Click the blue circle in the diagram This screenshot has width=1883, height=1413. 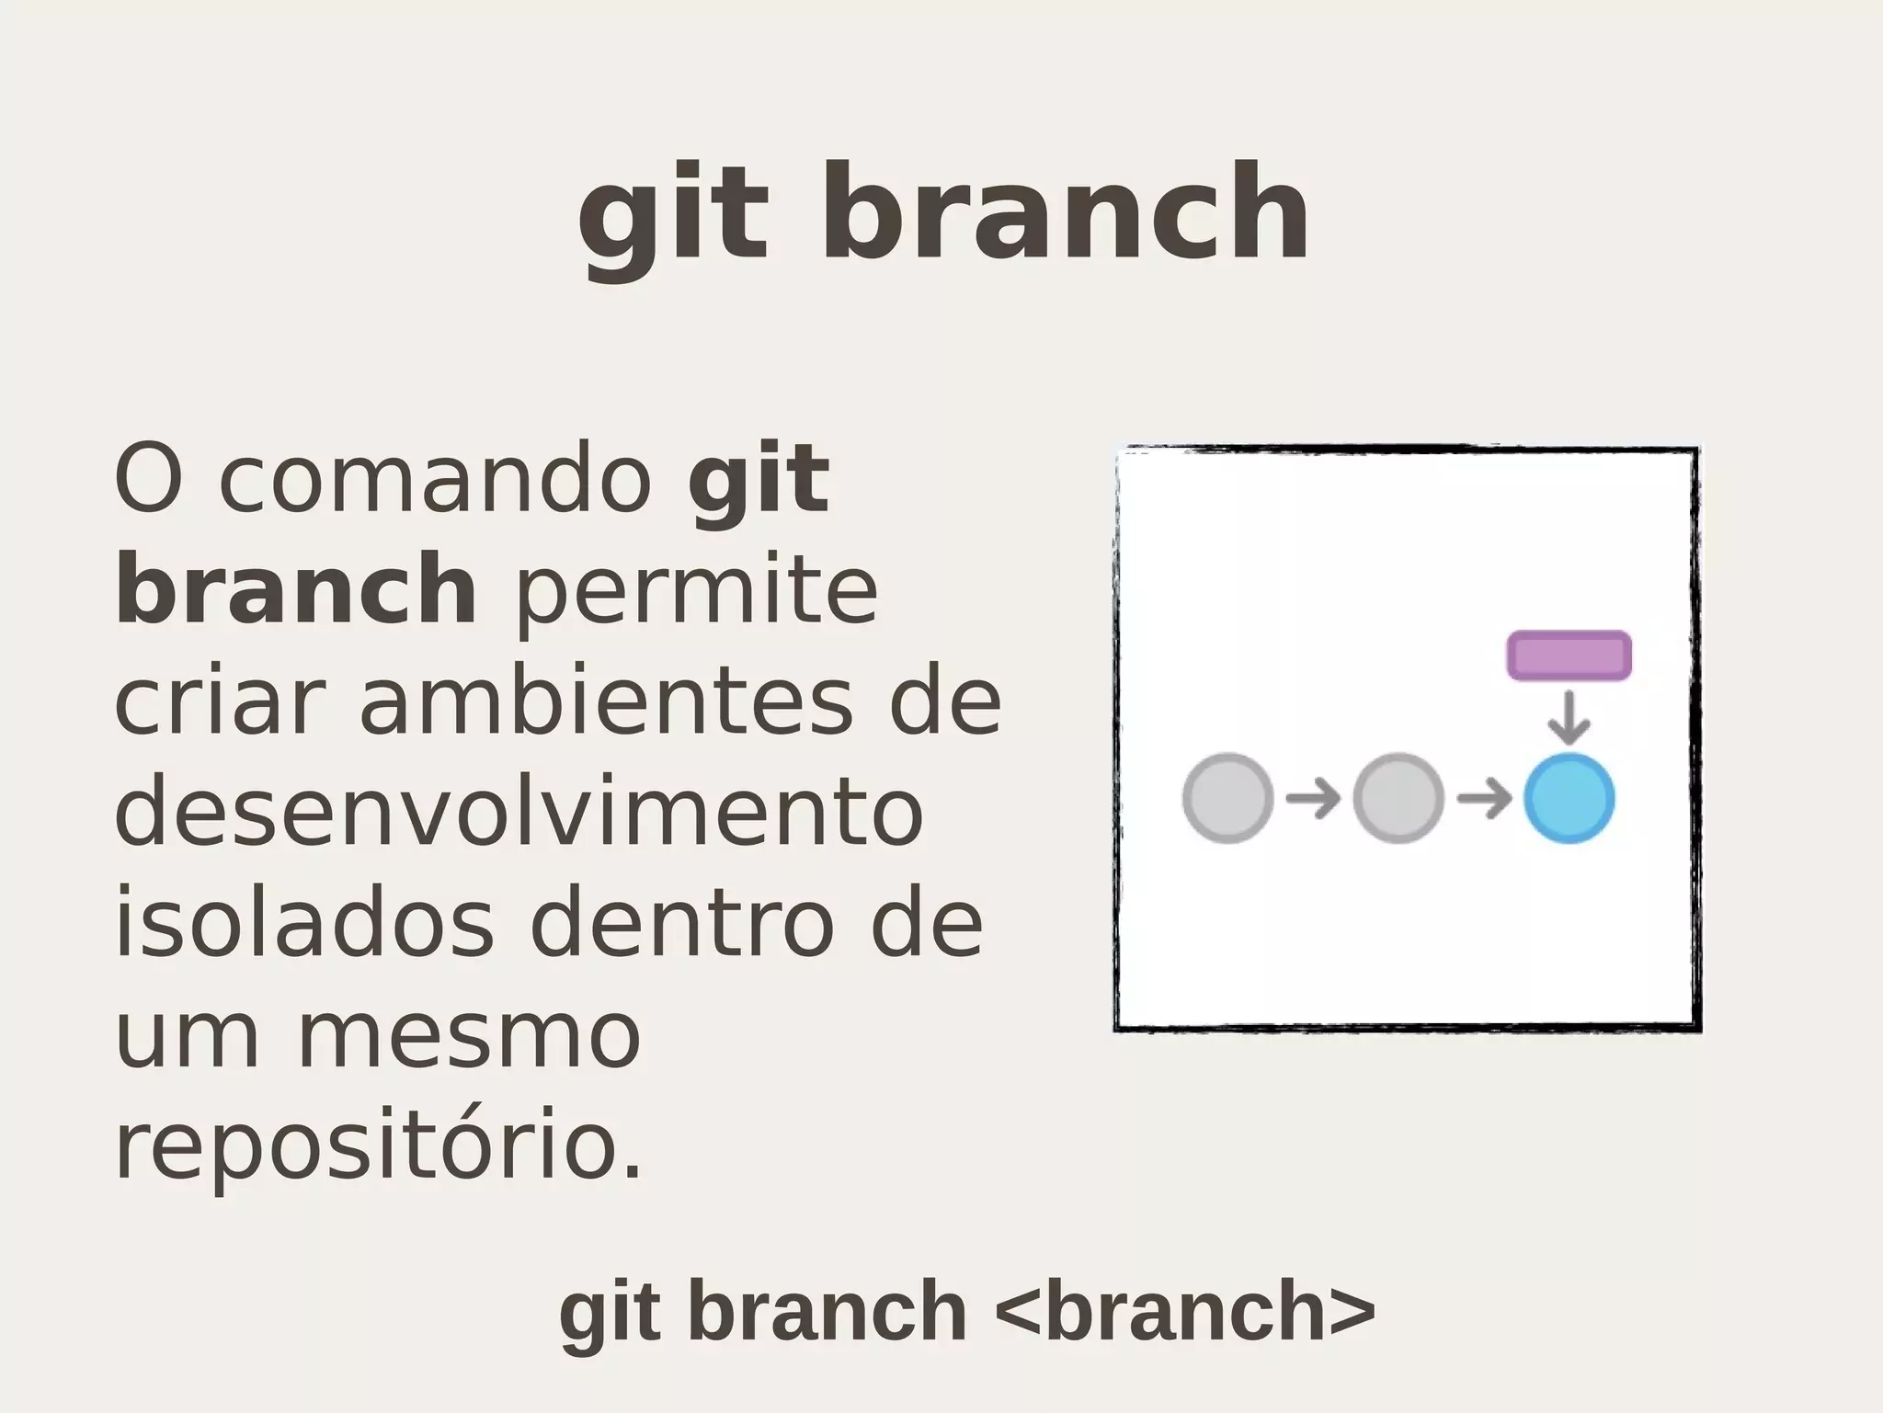[x=1569, y=798]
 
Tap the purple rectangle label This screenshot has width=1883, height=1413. [x=1569, y=655]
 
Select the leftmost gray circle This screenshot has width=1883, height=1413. [x=1227, y=798]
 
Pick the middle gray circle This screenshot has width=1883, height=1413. [x=1398, y=798]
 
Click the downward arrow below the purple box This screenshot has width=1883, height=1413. [x=1569, y=717]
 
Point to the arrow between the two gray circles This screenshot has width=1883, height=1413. [x=1313, y=798]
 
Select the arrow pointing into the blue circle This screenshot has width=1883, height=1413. [x=1484, y=798]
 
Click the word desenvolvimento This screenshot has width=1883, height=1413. [x=519, y=814]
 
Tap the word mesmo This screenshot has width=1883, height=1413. [x=470, y=1036]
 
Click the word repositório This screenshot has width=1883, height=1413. [x=377, y=1147]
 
